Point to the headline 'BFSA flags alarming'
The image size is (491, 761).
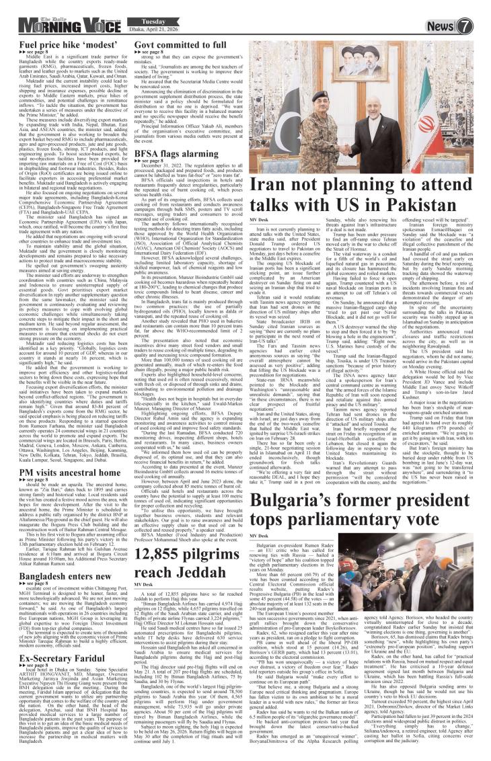click(x=171, y=154)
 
